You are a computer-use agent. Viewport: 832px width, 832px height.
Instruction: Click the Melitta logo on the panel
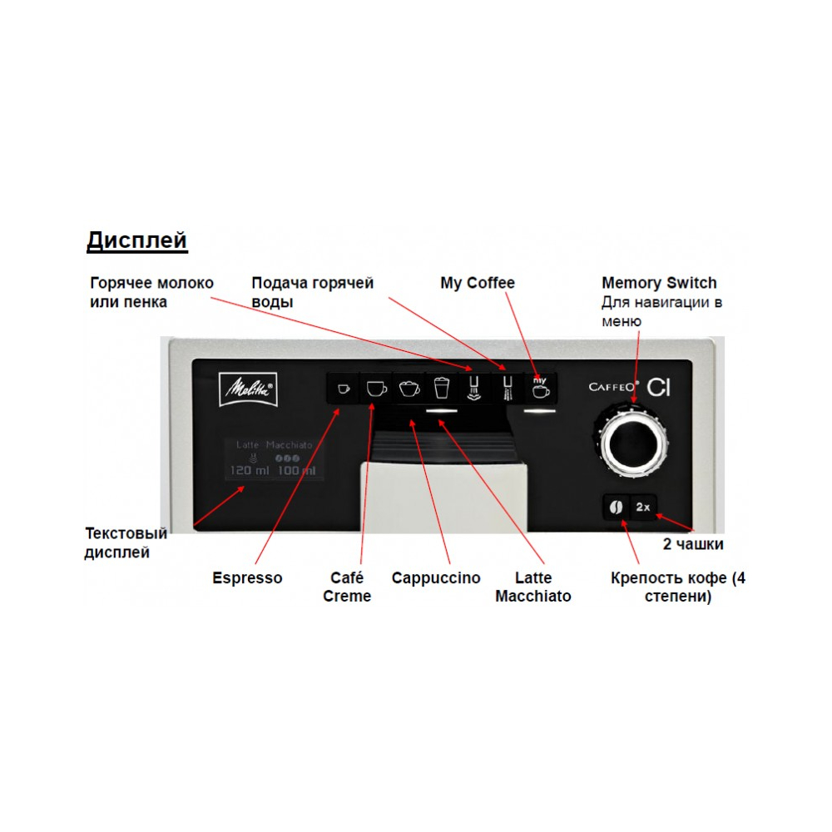pyautogui.click(x=248, y=389)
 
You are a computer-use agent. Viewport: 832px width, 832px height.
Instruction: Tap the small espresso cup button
pyautogui.click(x=344, y=389)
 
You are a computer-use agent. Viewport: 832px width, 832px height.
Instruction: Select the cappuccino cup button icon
pyautogui.click(x=409, y=389)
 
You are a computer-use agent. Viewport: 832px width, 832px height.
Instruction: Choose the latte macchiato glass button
pyautogui.click(x=442, y=389)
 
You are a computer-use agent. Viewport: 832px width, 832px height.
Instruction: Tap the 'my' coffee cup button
pyautogui.click(x=540, y=389)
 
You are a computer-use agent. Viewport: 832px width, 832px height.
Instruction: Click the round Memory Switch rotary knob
pyautogui.click(x=631, y=442)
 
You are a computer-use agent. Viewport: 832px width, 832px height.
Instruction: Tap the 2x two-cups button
pyautogui.click(x=643, y=508)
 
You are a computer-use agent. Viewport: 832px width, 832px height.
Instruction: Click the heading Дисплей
pyautogui.click(x=137, y=241)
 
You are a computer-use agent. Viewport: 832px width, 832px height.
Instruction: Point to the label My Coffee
pyautogui.click(x=478, y=283)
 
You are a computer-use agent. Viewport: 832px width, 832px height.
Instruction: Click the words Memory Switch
pyautogui.click(x=659, y=283)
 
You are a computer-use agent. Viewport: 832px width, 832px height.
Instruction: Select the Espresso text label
pyautogui.click(x=247, y=578)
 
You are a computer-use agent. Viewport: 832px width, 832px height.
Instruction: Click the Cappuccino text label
pyautogui.click(x=436, y=578)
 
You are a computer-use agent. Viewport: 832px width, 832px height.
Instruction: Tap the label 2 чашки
pyautogui.click(x=693, y=544)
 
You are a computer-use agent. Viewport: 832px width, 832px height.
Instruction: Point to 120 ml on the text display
pyautogui.click(x=250, y=471)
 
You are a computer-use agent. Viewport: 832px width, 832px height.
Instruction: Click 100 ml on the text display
pyautogui.click(x=297, y=471)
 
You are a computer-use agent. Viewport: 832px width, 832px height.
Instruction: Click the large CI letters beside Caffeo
pyautogui.click(x=659, y=388)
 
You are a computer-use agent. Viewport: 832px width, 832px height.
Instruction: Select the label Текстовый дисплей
pyautogui.click(x=126, y=542)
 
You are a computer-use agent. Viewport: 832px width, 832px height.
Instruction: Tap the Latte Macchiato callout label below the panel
pyautogui.click(x=533, y=587)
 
